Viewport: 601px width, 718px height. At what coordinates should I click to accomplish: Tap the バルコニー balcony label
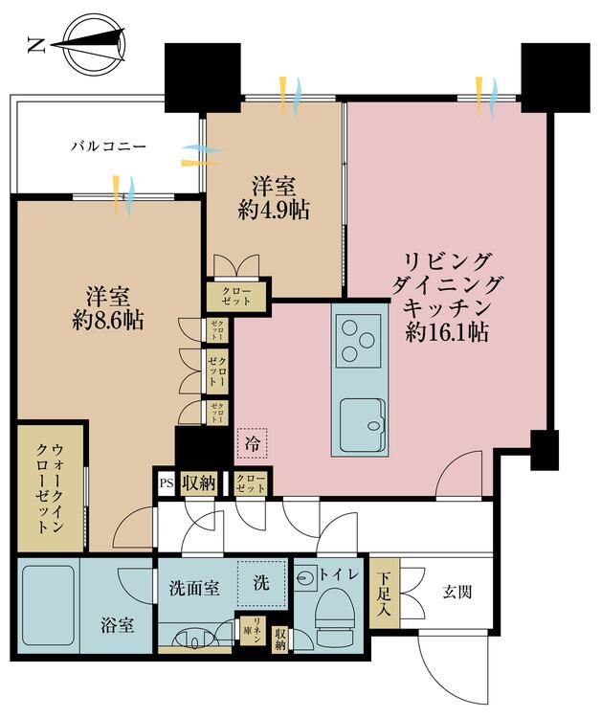coord(106,147)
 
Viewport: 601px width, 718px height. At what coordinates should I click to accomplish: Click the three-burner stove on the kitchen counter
coord(358,341)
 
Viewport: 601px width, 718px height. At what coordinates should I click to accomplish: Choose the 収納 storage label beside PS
coord(198,482)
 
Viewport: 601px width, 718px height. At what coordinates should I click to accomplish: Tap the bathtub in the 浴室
coord(48,599)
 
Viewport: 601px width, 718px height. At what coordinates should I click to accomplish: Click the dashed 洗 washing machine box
coord(261,581)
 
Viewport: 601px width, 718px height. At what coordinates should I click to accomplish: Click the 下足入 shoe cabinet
coord(382,594)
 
